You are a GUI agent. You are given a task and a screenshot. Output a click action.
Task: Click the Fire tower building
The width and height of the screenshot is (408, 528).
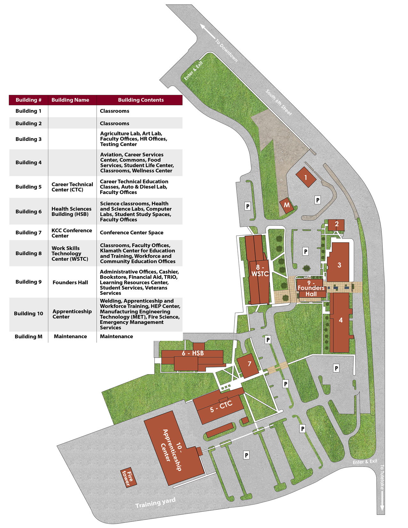click(128, 478)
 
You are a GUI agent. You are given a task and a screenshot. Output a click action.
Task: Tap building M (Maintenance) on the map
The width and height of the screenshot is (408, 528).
click(286, 205)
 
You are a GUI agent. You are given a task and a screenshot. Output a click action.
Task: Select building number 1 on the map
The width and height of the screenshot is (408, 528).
click(306, 177)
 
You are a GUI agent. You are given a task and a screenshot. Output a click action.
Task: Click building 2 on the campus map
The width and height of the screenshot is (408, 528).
click(336, 224)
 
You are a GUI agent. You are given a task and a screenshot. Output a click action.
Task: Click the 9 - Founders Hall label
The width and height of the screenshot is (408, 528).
click(311, 288)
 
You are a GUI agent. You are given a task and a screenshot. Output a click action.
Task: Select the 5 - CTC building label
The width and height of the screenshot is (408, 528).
click(221, 407)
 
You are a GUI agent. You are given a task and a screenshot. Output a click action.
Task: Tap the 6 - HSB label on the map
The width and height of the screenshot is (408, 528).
click(193, 353)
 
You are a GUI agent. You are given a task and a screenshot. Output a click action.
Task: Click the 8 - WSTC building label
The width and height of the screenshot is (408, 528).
click(260, 271)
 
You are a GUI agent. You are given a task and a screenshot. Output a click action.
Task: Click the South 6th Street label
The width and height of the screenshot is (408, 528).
click(279, 102)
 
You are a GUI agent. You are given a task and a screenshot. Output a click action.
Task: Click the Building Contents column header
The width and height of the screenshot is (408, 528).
click(140, 100)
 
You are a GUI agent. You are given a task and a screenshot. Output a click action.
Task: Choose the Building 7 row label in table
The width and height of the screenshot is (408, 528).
click(28, 233)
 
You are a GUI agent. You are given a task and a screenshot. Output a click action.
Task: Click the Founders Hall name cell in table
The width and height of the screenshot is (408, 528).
click(70, 282)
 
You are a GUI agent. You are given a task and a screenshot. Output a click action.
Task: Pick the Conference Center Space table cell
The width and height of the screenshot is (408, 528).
click(132, 233)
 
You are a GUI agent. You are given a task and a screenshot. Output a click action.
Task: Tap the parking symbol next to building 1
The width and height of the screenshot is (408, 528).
click(317, 200)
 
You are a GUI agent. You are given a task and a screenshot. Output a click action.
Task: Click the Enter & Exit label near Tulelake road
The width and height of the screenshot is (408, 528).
click(365, 462)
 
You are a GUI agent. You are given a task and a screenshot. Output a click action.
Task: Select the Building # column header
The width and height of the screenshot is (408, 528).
click(28, 100)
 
